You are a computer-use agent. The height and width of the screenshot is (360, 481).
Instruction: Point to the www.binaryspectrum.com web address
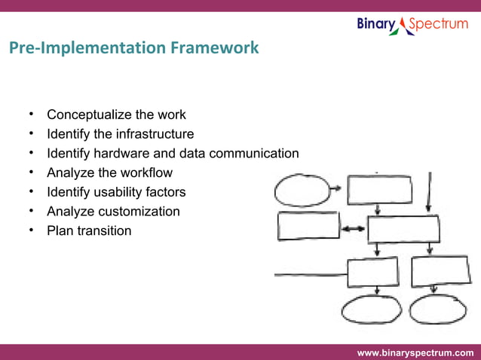tap(415, 352)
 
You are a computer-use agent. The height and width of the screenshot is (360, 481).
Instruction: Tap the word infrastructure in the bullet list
tap(155, 135)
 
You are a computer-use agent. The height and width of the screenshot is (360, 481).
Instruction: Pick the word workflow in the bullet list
tap(145, 173)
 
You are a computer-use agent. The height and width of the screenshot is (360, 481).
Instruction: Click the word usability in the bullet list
tap(120, 192)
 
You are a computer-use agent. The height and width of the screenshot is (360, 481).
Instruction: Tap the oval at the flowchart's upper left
tap(302, 190)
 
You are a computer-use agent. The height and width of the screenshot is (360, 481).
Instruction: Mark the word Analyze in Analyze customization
tap(69, 212)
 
